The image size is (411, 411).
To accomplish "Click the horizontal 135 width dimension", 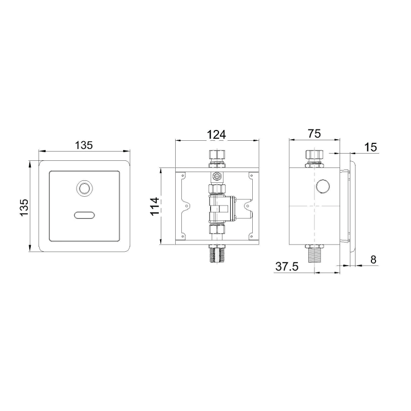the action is (x=84, y=145).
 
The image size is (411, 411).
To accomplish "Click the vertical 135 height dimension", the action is (x=24, y=208).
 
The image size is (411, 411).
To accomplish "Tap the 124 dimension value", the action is (x=216, y=135).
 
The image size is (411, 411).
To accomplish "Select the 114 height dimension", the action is (x=155, y=206).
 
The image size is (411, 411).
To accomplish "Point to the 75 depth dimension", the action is (x=314, y=134).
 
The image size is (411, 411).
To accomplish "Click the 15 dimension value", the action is (x=370, y=147).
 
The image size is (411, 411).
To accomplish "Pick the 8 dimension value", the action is (x=373, y=259).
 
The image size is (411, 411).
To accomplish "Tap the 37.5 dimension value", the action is (x=287, y=267).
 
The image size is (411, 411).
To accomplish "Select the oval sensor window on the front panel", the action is (x=84, y=215).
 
